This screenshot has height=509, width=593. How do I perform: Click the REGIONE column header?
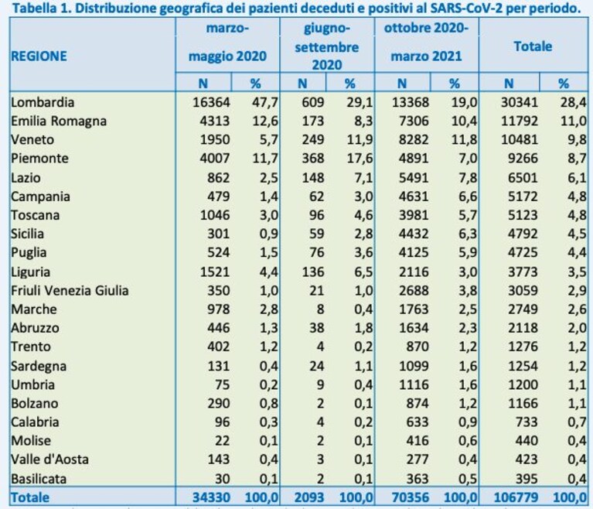39,56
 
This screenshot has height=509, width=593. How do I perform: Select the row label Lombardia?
43,102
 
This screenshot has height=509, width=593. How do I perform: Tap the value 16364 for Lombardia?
211,102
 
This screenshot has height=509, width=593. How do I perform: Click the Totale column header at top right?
533,46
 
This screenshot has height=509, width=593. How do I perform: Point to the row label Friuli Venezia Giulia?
70,291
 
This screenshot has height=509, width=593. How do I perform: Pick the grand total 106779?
516,497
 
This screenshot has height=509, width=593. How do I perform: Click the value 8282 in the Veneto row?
414,140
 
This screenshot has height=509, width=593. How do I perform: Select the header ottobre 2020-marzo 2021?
426,42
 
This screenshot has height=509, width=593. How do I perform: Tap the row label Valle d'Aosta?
49,459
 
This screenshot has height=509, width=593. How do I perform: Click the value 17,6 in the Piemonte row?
360,158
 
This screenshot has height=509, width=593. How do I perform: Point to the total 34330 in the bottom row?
211,497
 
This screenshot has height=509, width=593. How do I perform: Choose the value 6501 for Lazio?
523,177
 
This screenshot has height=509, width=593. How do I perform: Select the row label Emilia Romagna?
59,121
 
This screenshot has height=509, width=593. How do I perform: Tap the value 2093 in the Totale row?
309,497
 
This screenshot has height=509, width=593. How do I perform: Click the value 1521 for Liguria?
215,272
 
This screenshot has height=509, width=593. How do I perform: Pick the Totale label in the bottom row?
30,497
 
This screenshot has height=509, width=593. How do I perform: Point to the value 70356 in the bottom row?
411,497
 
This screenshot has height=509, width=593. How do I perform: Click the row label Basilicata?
39,479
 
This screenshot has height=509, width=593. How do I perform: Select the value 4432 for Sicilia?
414,234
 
